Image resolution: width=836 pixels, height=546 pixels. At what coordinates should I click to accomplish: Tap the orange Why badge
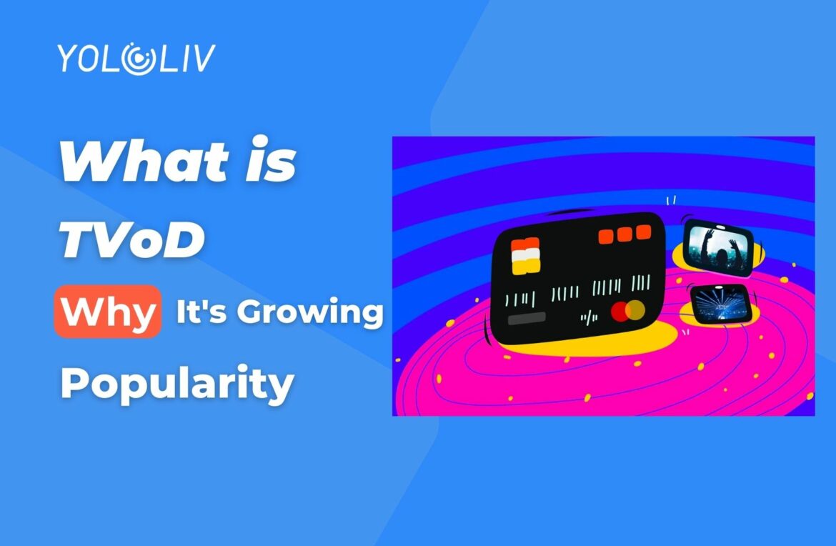point(106,312)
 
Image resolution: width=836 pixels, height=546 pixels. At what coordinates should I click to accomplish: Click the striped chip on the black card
point(525,256)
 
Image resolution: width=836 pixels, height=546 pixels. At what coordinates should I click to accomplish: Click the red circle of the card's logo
point(620,312)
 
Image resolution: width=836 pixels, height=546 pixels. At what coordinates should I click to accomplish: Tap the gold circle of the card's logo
point(635,309)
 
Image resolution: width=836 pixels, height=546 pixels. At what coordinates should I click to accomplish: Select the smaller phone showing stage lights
point(719,303)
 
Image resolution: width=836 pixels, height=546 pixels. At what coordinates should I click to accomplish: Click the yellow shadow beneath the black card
point(643,342)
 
